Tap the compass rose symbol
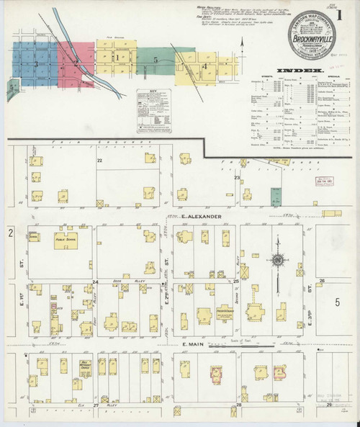click(x=276, y=261)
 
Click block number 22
click(x=100, y=160)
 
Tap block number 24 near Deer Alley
click(x=95, y=281)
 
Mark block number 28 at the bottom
click(x=238, y=405)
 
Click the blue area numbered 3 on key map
click(x=35, y=65)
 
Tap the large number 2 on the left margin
click(x=11, y=233)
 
